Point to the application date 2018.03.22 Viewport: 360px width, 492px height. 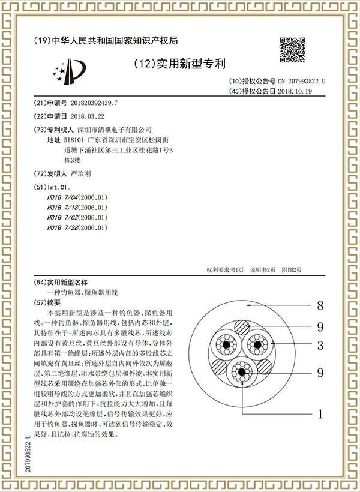pos(88,116)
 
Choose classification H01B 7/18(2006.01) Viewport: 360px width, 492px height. pos(77,208)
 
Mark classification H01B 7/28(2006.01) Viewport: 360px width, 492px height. pos(77,228)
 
